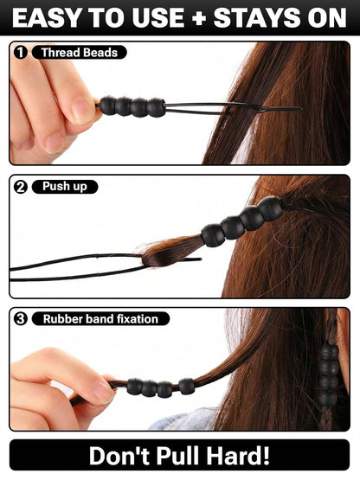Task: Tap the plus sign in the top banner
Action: pos(198,18)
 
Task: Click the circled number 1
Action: pos(21,53)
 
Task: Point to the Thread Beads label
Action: pos(80,53)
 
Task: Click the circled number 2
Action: pos(21,187)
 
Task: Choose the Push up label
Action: pos(65,187)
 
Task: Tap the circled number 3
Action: pos(21,319)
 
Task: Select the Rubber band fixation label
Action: pos(100,319)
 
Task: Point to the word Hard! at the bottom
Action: pos(238,456)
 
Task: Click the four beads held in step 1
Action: pos(132,107)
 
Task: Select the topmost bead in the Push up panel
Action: pos(270,208)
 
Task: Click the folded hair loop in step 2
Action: pos(170,253)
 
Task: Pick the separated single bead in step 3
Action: pos(187,387)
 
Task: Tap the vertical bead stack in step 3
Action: pos(329,375)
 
